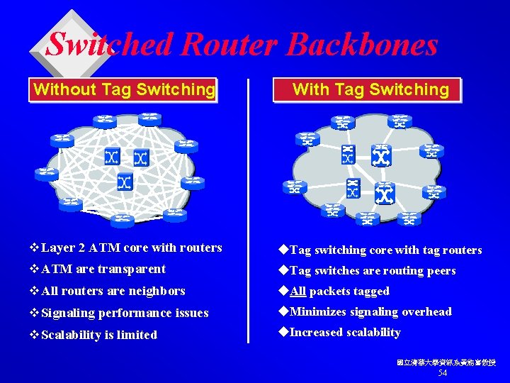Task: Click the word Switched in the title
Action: click(109, 45)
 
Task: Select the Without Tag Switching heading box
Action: click(123, 89)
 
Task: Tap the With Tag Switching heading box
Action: click(370, 89)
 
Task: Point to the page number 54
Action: click(443, 373)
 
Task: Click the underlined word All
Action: click(298, 292)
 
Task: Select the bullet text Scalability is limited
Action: click(99, 335)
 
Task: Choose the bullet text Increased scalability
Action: click(345, 332)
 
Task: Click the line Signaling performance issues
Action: click(125, 313)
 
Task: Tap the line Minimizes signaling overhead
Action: click(370, 311)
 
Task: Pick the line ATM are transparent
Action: click(103, 269)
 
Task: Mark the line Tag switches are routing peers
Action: click(373, 271)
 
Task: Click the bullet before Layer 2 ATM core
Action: click(35, 248)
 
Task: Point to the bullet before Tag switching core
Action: click(283, 250)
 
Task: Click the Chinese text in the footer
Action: click(446, 362)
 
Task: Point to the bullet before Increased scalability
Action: click(283, 332)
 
